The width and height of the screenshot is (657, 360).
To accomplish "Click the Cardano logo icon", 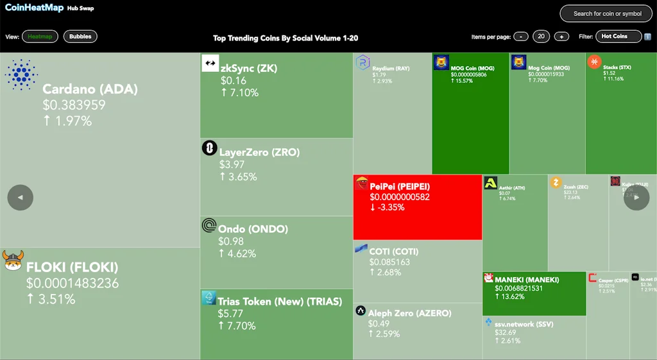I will click(21, 74).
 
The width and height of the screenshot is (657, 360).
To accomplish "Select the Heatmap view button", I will click(40, 37).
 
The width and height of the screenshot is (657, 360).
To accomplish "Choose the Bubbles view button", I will click(80, 37).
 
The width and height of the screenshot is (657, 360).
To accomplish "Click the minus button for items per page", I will click(521, 37).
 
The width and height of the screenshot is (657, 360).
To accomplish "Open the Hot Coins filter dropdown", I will click(619, 37).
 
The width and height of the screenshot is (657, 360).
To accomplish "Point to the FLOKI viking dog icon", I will click(13, 261).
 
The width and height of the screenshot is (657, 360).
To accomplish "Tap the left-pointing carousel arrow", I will click(20, 198).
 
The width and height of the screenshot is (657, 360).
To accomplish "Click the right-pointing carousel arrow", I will click(636, 198).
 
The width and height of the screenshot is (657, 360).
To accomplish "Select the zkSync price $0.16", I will click(234, 81).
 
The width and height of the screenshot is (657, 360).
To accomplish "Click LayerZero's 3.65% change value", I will click(238, 176).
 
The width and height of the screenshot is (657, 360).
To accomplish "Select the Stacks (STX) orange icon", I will click(594, 62).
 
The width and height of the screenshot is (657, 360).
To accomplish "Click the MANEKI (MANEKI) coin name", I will click(527, 280).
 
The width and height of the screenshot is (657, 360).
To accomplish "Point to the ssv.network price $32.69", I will click(506, 332).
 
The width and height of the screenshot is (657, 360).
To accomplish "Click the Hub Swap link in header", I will click(80, 9).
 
